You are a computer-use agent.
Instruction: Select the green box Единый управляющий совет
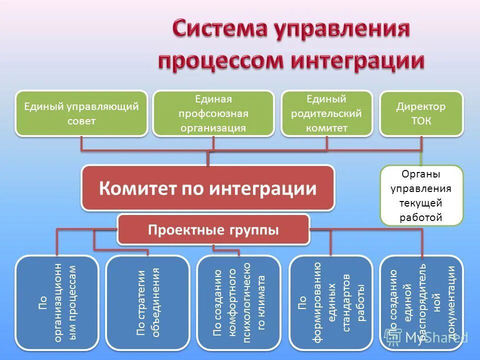pos(81,113)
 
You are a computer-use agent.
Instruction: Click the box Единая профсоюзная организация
pos(213,113)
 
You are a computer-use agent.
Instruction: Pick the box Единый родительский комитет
pos(327,113)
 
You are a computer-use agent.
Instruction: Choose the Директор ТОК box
pos(421,113)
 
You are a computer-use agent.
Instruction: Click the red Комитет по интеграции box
pos(208,188)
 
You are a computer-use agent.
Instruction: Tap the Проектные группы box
pos(213,229)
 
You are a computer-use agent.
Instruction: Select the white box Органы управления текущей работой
pos(421,195)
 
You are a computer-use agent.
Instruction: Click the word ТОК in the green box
pos(421,120)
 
